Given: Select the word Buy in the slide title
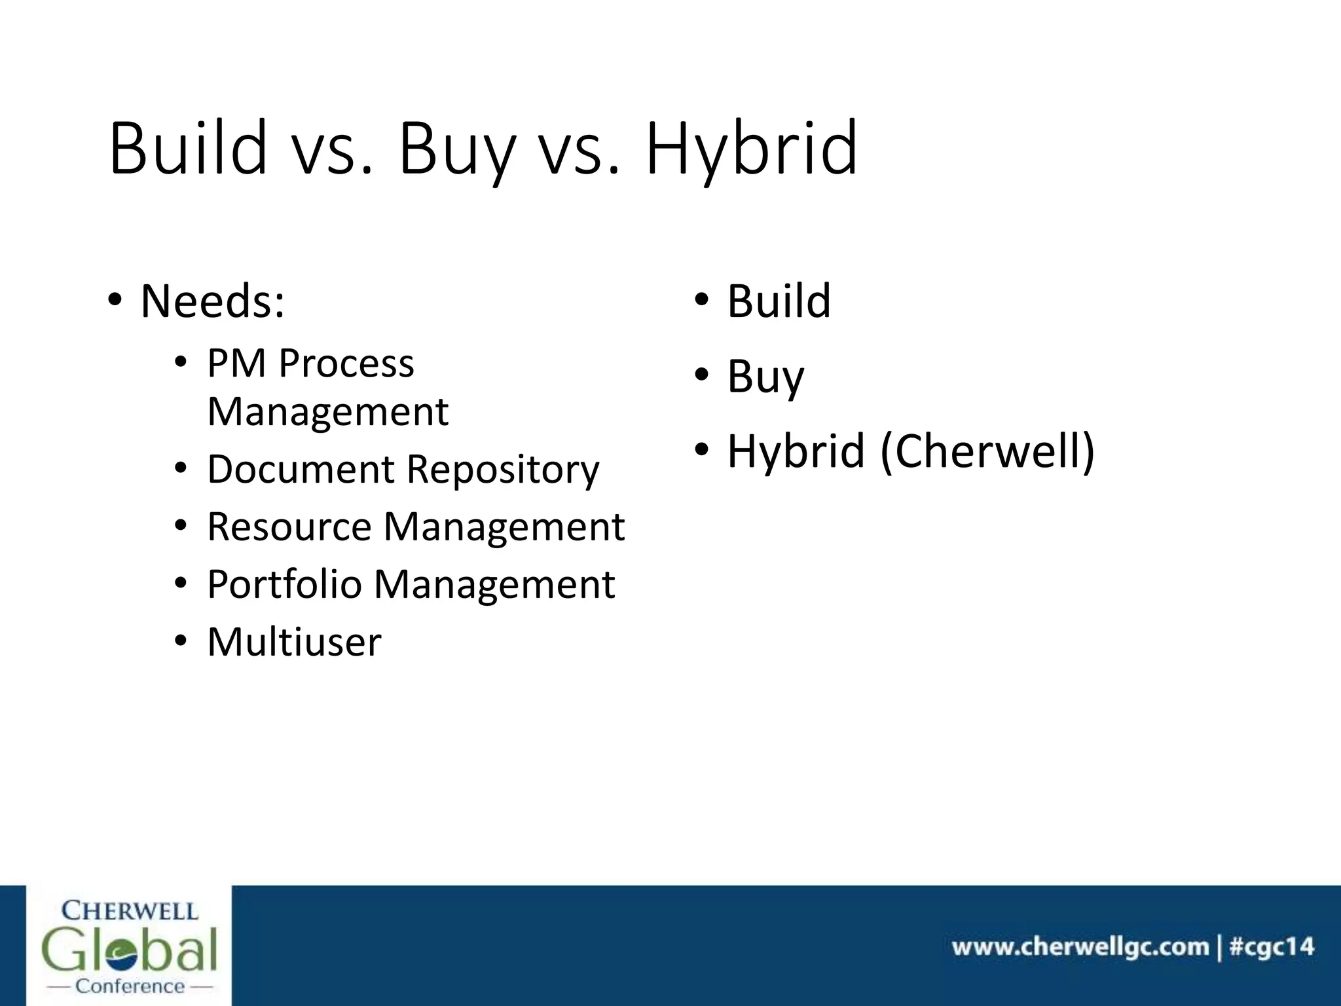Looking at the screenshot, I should point(456,149).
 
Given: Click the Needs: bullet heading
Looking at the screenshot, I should point(212,302).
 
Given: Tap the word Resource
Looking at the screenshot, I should point(289,527).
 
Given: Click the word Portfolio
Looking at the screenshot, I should point(284,584).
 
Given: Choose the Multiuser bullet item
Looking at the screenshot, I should point(294,642).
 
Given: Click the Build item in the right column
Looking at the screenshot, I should point(779,301).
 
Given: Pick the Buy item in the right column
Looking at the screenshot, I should point(765,377).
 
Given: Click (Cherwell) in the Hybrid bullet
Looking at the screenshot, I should point(987,452).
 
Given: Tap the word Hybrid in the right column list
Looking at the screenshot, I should point(796,452).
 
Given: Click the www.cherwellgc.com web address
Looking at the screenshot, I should point(1080,947).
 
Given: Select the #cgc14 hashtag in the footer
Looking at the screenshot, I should point(1272,947).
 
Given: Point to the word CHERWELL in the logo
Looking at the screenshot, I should point(129,911).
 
